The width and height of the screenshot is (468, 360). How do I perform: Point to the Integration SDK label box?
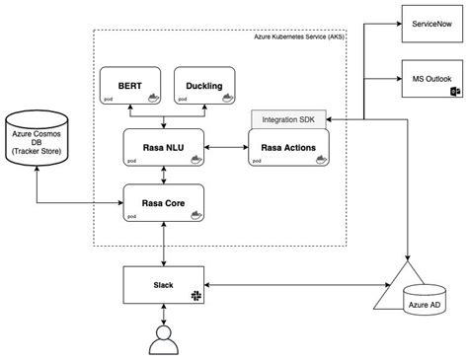[x=287, y=118]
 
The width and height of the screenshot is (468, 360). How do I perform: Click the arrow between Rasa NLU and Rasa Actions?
[x=230, y=147]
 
